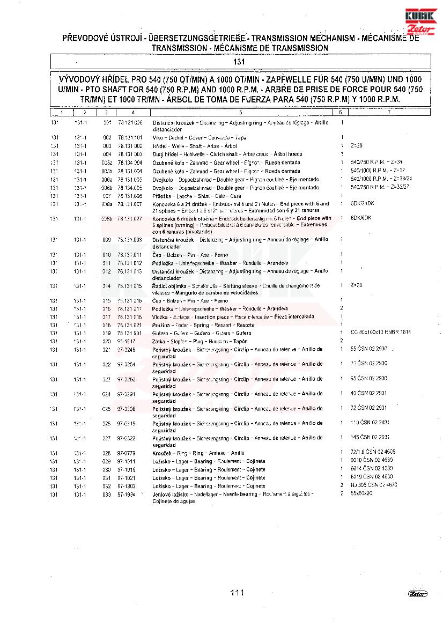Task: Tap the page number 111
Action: [237, 593]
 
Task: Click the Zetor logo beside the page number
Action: [417, 593]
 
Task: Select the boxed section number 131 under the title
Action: [240, 62]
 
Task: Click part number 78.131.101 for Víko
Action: [130, 138]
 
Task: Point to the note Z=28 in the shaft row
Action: [357, 146]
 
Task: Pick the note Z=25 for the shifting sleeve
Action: [357, 285]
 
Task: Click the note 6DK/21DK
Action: [362, 204]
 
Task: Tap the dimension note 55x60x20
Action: [361, 493]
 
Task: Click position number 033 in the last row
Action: [107, 495]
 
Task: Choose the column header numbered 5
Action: [241, 113]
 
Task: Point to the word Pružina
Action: [161, 325]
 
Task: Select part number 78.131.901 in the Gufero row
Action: [130, 333]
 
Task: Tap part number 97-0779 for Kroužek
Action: [127, 453]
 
